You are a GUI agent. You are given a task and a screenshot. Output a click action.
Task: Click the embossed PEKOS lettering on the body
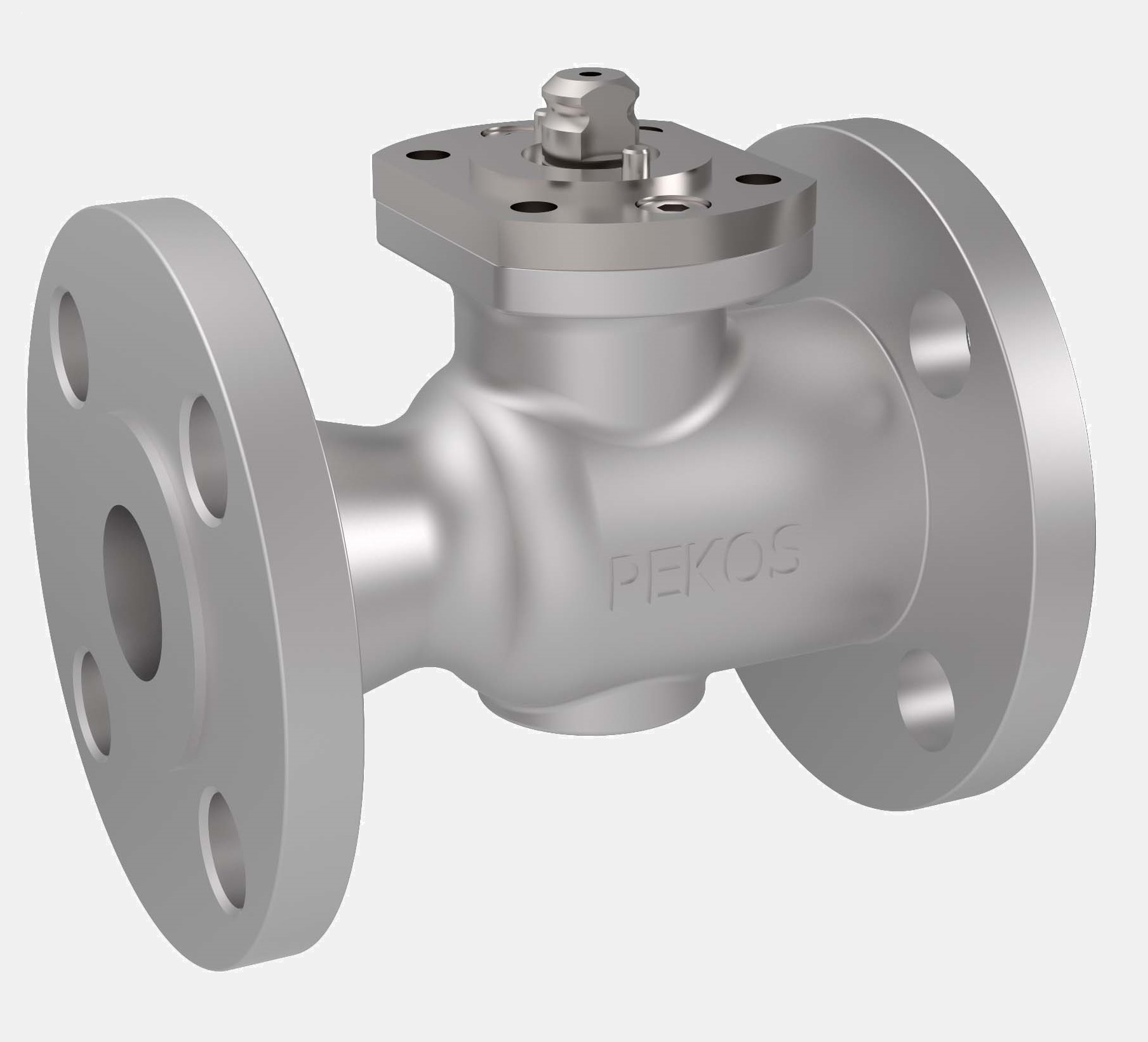[x=704, y=568]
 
